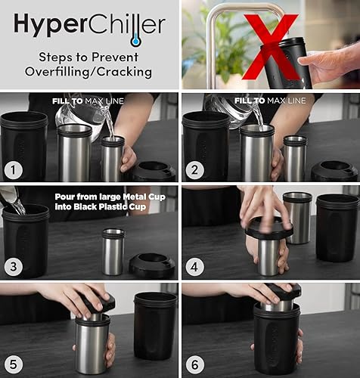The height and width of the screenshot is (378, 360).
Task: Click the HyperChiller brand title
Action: [x=89, y=26]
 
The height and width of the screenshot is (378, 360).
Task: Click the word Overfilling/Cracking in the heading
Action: [x=89, y=73]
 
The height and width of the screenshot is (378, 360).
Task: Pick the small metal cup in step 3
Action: [x=113, y=251]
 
